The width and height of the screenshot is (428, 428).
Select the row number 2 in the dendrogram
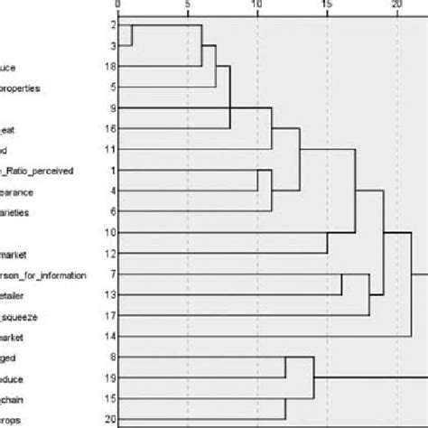pos(110,25)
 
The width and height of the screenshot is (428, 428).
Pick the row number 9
pos(110,108)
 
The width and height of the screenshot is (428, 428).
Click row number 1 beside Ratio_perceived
pos(110,171)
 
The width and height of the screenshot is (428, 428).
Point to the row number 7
pos(110,274)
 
